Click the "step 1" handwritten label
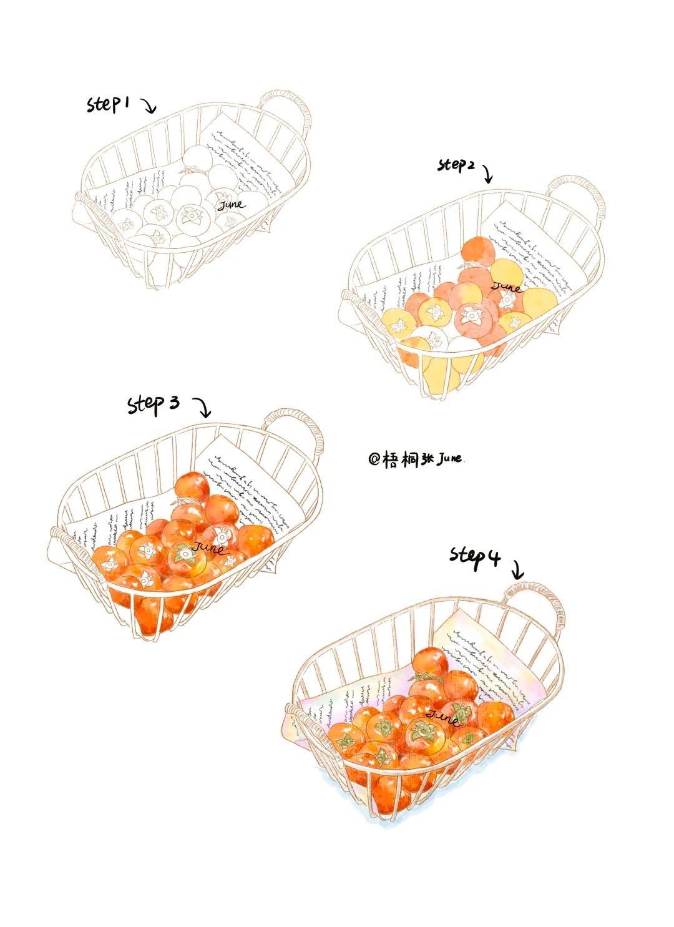[107, 104]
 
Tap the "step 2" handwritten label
[456, 165]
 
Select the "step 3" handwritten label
[154, 404]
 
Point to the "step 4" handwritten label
[475, 555]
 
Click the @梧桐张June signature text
[416, 459]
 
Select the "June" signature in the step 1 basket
[230, 204]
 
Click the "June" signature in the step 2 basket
[507, 287]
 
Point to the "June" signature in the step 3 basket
[209, 548]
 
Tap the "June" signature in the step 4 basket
[444, 717]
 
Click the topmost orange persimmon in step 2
[478, 251]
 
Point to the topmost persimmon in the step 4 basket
[431, 662]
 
